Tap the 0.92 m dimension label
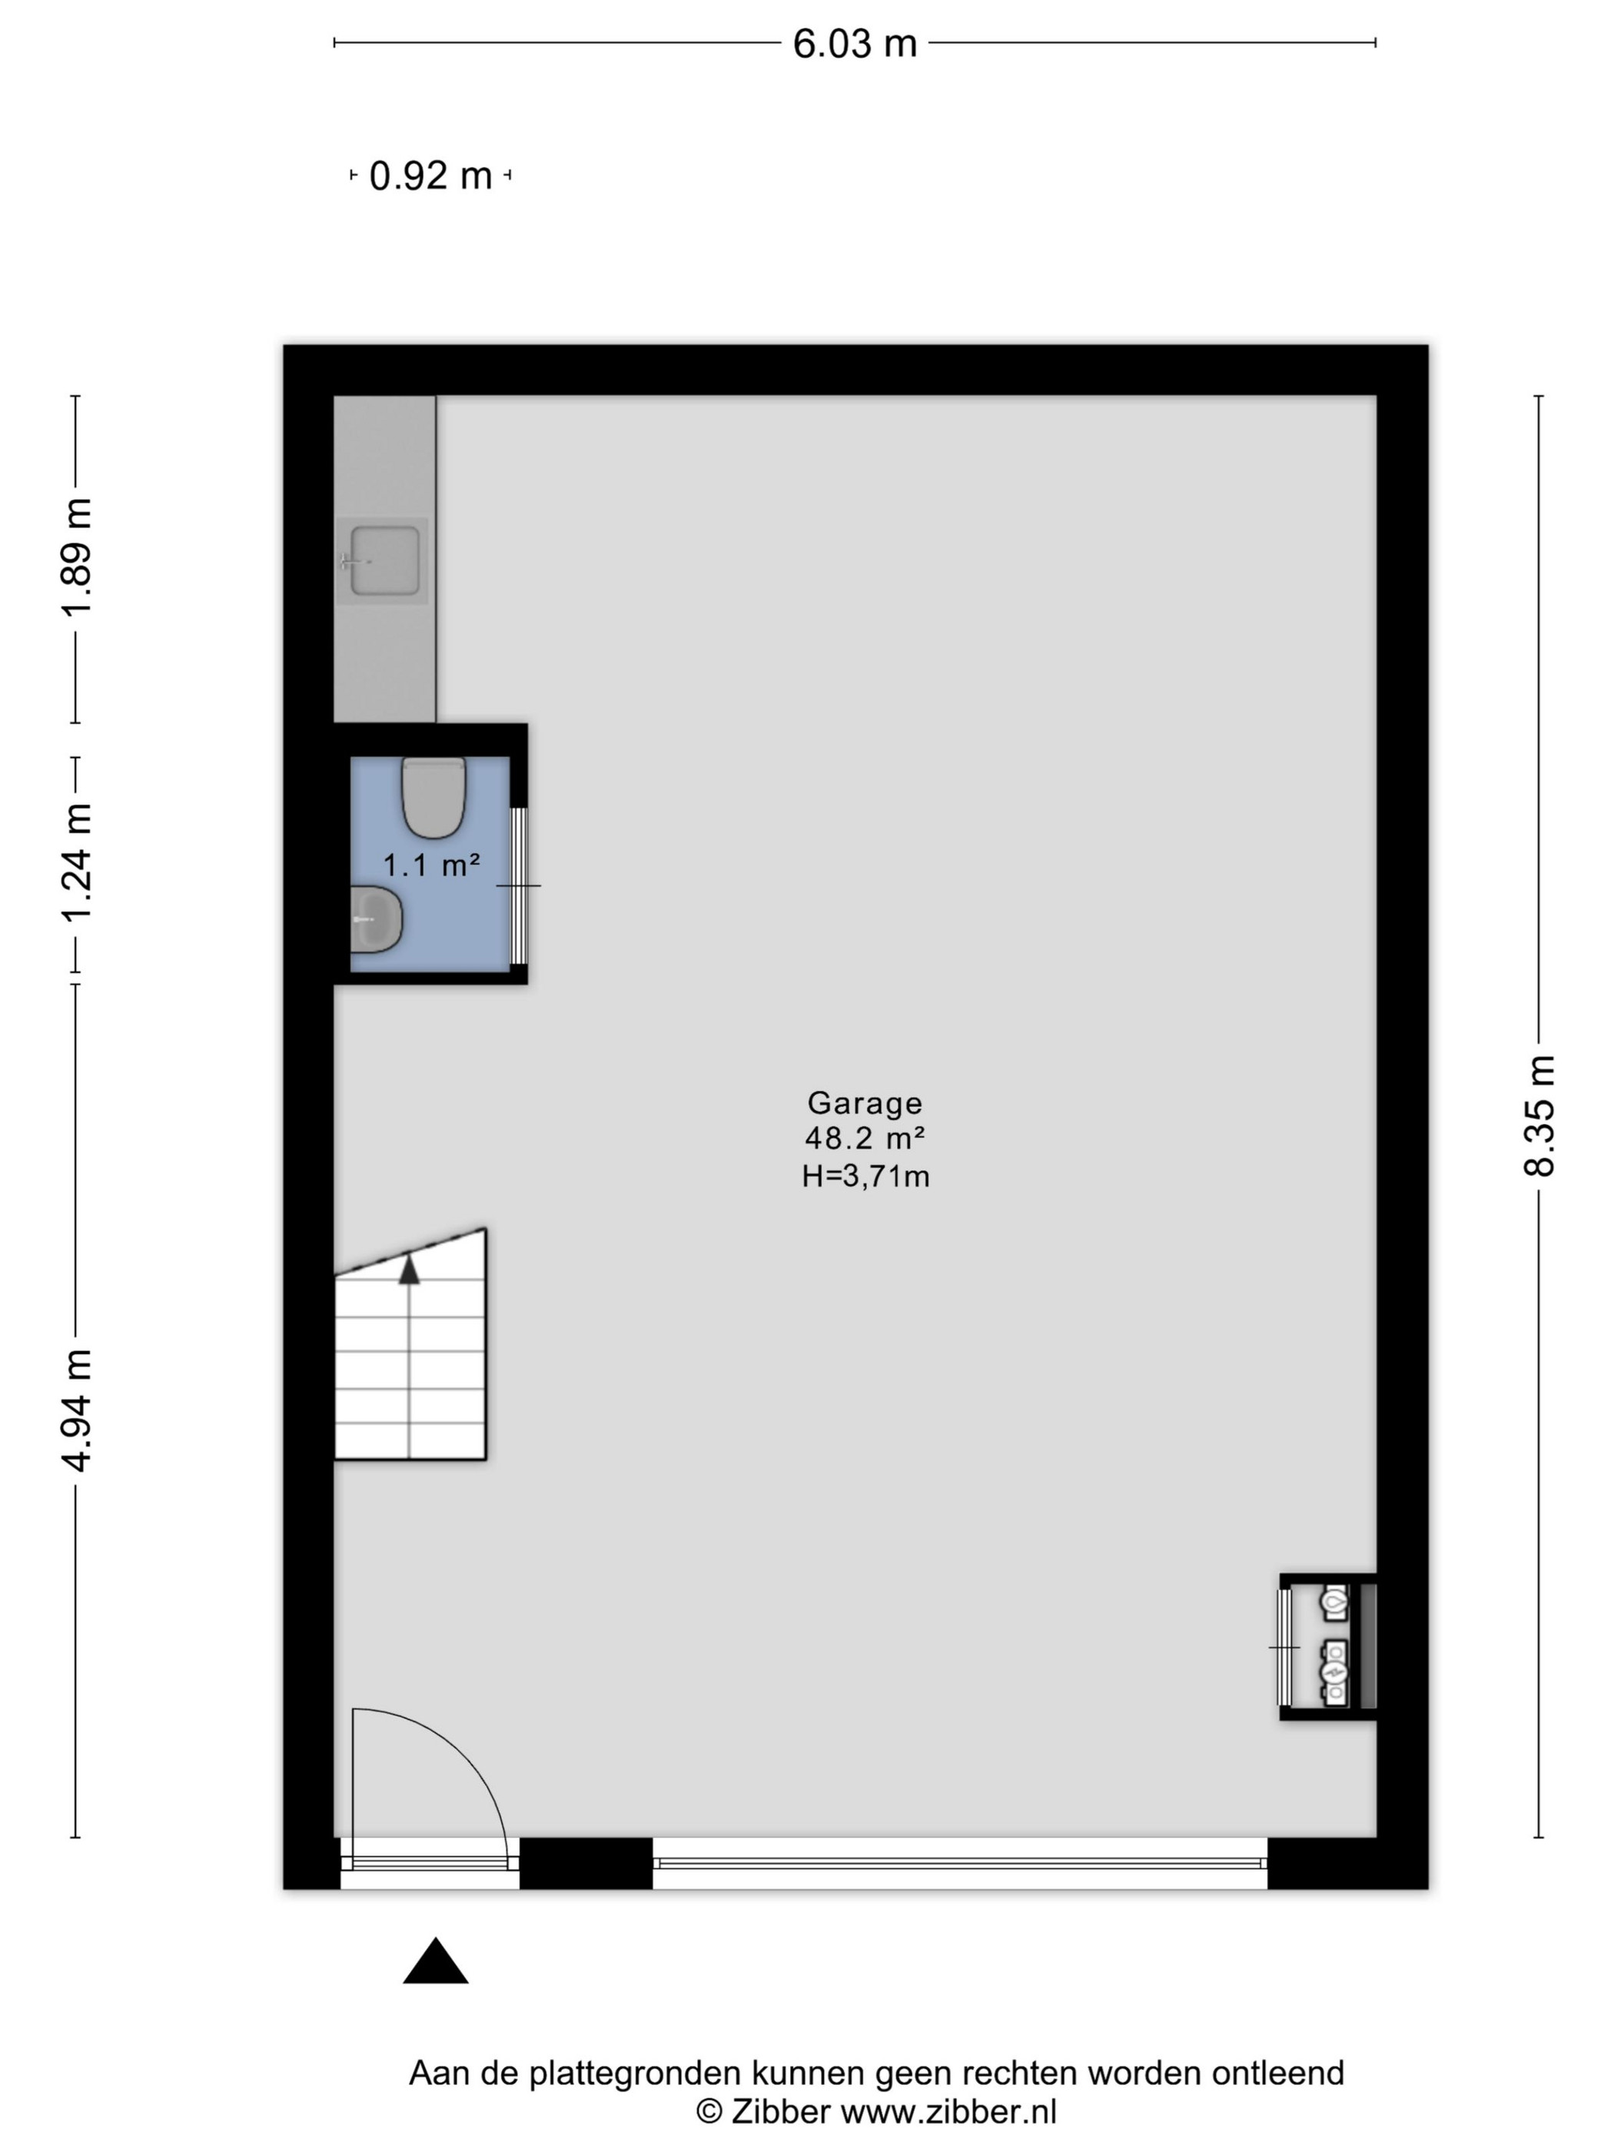(x=431, y=176)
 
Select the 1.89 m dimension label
(x=76, y=556)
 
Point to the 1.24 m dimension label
(x=76, y=862)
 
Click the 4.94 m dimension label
(x=76, y=1410)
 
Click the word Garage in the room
(x=865, y=1102)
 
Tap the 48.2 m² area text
(x=865, y=1137)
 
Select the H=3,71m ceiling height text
(x=865, y=1176)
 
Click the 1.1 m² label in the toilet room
(x=431, y=864)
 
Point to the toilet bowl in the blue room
(x=434, y=798)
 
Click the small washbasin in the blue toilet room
(x=377, y=919)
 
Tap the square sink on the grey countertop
(x=384, y=560)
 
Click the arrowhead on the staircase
(x=410, y=1269)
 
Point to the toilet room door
(x=520, y=885)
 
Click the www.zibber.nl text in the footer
(x=948, y=2112)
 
